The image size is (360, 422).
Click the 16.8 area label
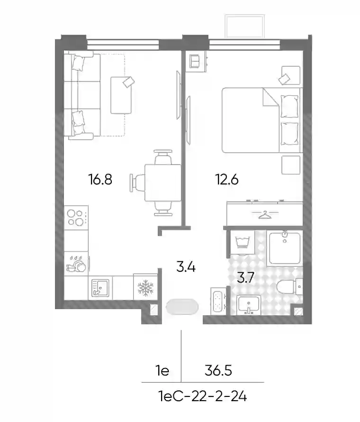pos(100,179)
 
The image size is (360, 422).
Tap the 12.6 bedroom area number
pos(227,179)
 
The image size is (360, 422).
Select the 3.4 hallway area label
pos(186,266)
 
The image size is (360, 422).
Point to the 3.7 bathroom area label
pos(245,277)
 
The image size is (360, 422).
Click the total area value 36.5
pos(218,370)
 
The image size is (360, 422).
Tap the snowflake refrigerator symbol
pos(145,287)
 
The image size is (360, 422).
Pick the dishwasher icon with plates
pos(76,264)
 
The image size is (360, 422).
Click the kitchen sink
pos(100,288)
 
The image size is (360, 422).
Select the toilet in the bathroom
pos(289,287)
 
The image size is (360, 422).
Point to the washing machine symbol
pos(242,243)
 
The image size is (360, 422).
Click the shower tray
pos(285,248)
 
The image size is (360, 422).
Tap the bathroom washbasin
pos(249,305)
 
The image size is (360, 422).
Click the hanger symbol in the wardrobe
pos(265,214)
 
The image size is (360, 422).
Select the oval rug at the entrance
pos(182,307)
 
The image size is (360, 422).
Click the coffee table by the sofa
pos(121,95)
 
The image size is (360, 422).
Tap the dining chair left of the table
pos(137,183)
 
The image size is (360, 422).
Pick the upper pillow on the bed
pos(289,106)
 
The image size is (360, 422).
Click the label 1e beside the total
pos(162,371)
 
